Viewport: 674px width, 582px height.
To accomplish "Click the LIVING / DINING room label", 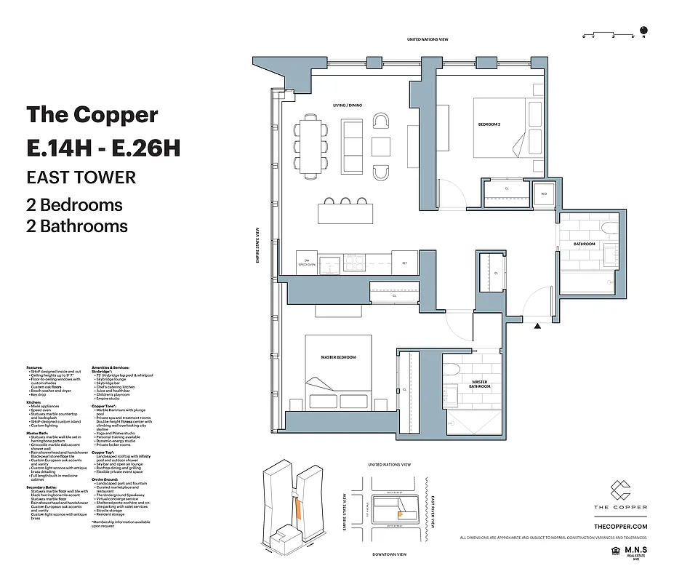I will pyautogui.click(x=347, y=105).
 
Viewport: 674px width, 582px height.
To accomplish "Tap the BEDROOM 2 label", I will pyautogui.click(x=489, y=125).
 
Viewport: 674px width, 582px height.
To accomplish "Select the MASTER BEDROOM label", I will pyautogui.click(x=338, y=357).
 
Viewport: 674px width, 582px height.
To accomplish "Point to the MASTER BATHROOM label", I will pyautogui.click(x=479, y=385).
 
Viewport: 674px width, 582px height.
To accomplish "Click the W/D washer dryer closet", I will pyautogui.click(x=542, y=194).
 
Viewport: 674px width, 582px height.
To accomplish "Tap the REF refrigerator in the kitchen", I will pyautogui.click(x=404, y=263).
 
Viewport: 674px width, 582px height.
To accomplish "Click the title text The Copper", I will pyautogui.click(x=92, y=115).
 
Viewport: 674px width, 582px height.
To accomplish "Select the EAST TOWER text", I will pyautogui.click(x=81, y=177).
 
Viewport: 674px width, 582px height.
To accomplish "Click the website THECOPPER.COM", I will pyautogui.click(x=620, y=526).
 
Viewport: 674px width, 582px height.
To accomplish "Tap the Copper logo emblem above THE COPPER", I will pyautogui.click(x=620, y=490).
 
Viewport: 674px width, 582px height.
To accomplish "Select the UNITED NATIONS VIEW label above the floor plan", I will pyautogui.click(x=432, y=39).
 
